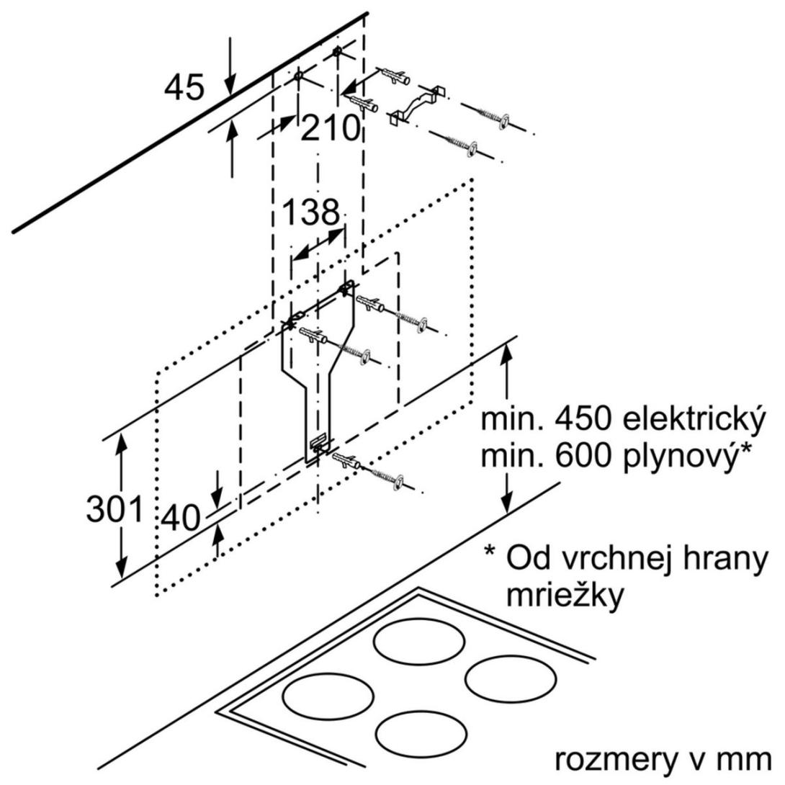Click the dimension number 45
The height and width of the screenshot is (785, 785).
click(x=184, y=88)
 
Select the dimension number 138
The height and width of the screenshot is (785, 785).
click(x=310, y=212)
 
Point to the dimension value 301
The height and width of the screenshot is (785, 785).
click(x=115, y=510)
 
